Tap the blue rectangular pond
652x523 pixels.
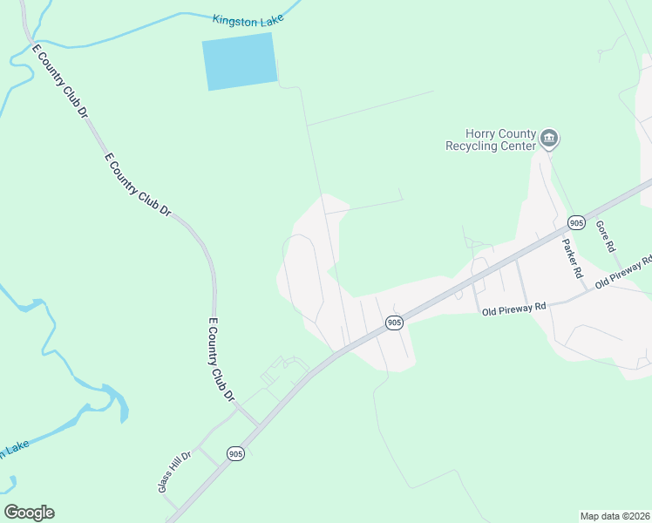tap(240, 61)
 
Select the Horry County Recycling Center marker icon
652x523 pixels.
tap(549, 138)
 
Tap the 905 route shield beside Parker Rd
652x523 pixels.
tap(575, 221)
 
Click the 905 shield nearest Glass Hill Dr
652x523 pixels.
tap(234, 453)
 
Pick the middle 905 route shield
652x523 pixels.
tap(394, 323)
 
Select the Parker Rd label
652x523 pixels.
tap(572, 258)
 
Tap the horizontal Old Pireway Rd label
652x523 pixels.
tap(513, 308)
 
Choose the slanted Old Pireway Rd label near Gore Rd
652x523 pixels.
tap(624, 275)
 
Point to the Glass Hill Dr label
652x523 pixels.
tap(174, 472)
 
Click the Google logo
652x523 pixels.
tap(29, 513)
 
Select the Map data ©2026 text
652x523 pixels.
tap(615, 516)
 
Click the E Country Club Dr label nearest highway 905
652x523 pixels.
tap(222, 359)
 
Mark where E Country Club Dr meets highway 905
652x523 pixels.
tap(259, 425)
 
